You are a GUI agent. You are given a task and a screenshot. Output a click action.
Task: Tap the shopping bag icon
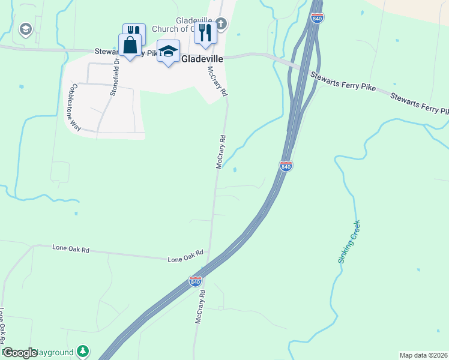point(130,45)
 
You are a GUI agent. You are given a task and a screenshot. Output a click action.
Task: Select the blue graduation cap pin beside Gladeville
point(169,51)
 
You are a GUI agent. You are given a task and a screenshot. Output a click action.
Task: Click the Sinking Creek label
point(349,242)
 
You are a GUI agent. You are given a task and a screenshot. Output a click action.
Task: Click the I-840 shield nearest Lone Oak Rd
point(194,281)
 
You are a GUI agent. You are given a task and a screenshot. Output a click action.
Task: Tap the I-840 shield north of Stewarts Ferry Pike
point(318,17)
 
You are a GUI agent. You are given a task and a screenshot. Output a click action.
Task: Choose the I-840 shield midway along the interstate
point(286,166)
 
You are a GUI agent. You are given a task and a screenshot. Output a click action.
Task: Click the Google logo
point(20,353)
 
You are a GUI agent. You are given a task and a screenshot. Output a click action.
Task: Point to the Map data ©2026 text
point(424,355)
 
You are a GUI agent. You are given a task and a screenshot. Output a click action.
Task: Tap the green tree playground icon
point(83,351)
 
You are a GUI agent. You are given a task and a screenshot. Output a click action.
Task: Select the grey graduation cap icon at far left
point(25,28)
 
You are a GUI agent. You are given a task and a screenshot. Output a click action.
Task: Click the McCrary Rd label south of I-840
point(200,307)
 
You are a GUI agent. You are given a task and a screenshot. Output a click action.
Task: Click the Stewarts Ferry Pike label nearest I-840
point(343,82)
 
